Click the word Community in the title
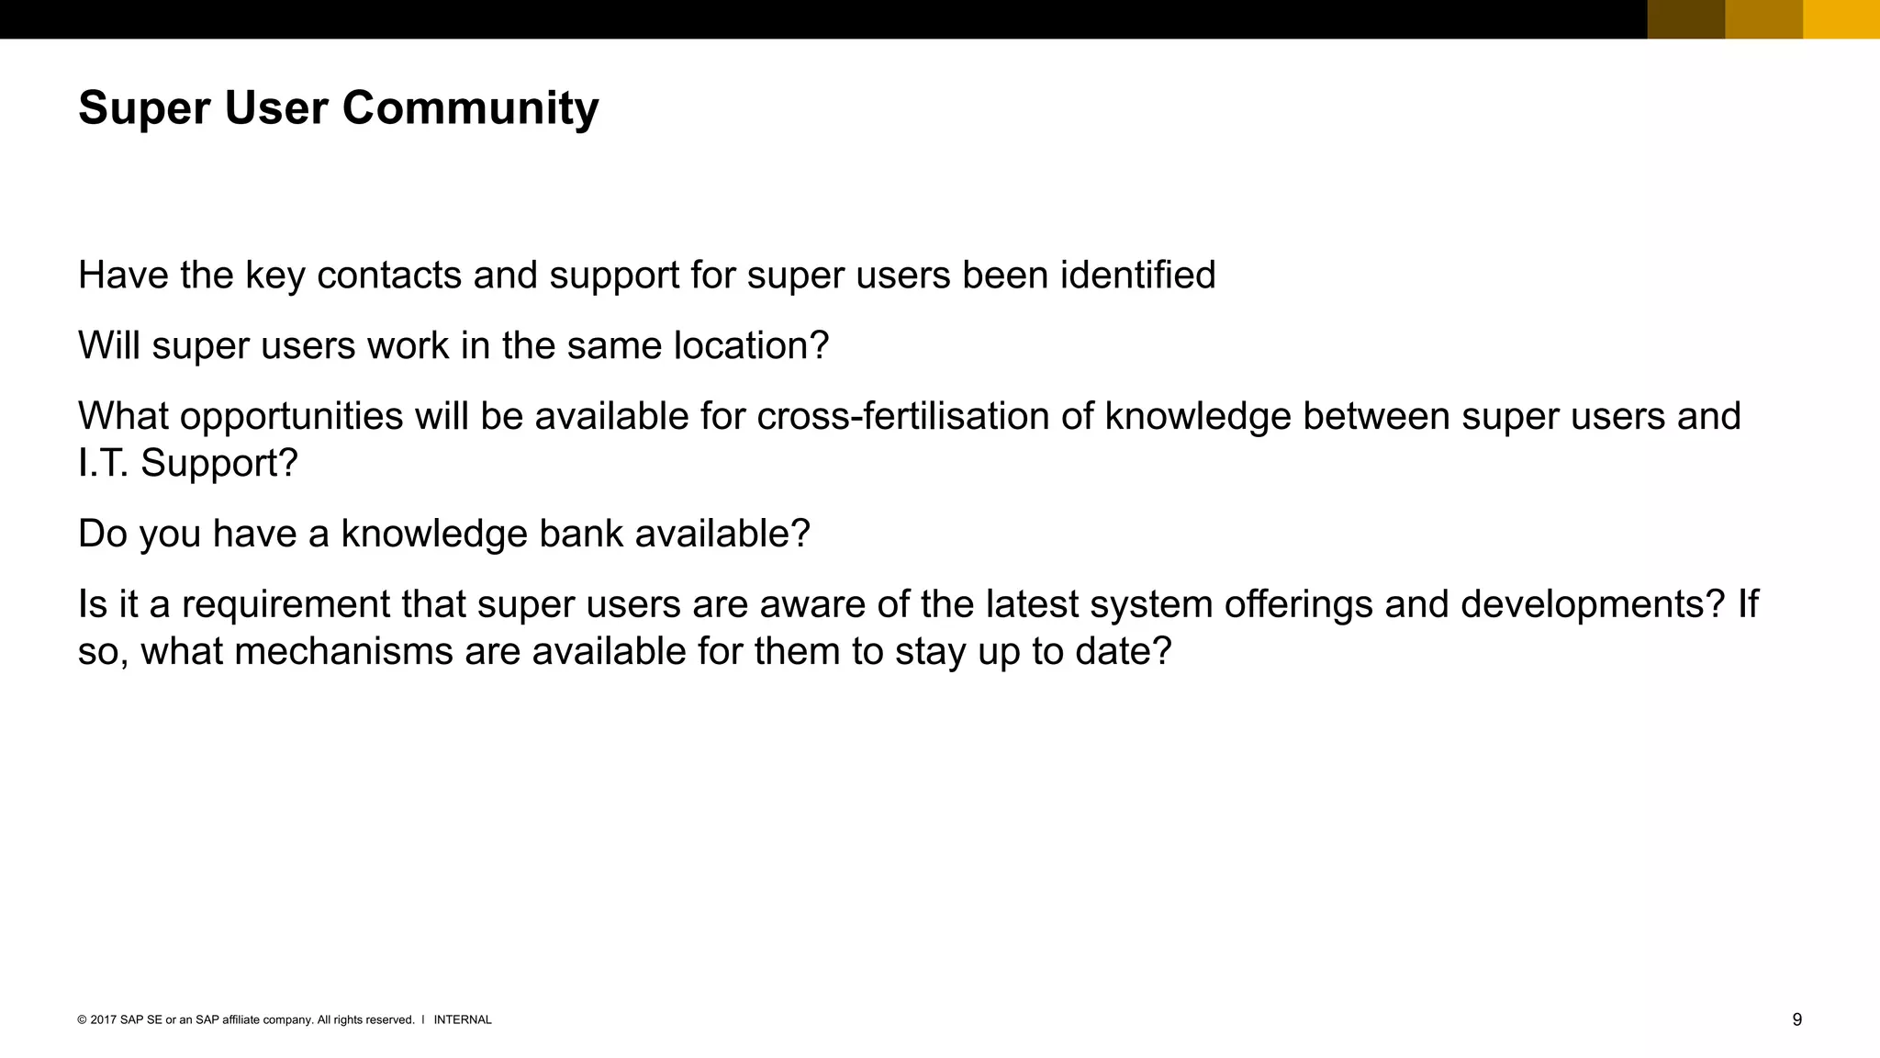tap(470, 108)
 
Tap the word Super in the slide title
tap(144, 108)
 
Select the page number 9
tap(1796, 1019)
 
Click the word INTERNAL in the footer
tap(463, 1019)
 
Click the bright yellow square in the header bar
tap(1841, 19)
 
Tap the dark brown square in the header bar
tap(1686, 19)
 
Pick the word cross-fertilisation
tap(903, 417)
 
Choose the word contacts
tap(389, 276)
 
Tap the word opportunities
tap(291, 417)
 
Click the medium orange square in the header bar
tap(1764, 19)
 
